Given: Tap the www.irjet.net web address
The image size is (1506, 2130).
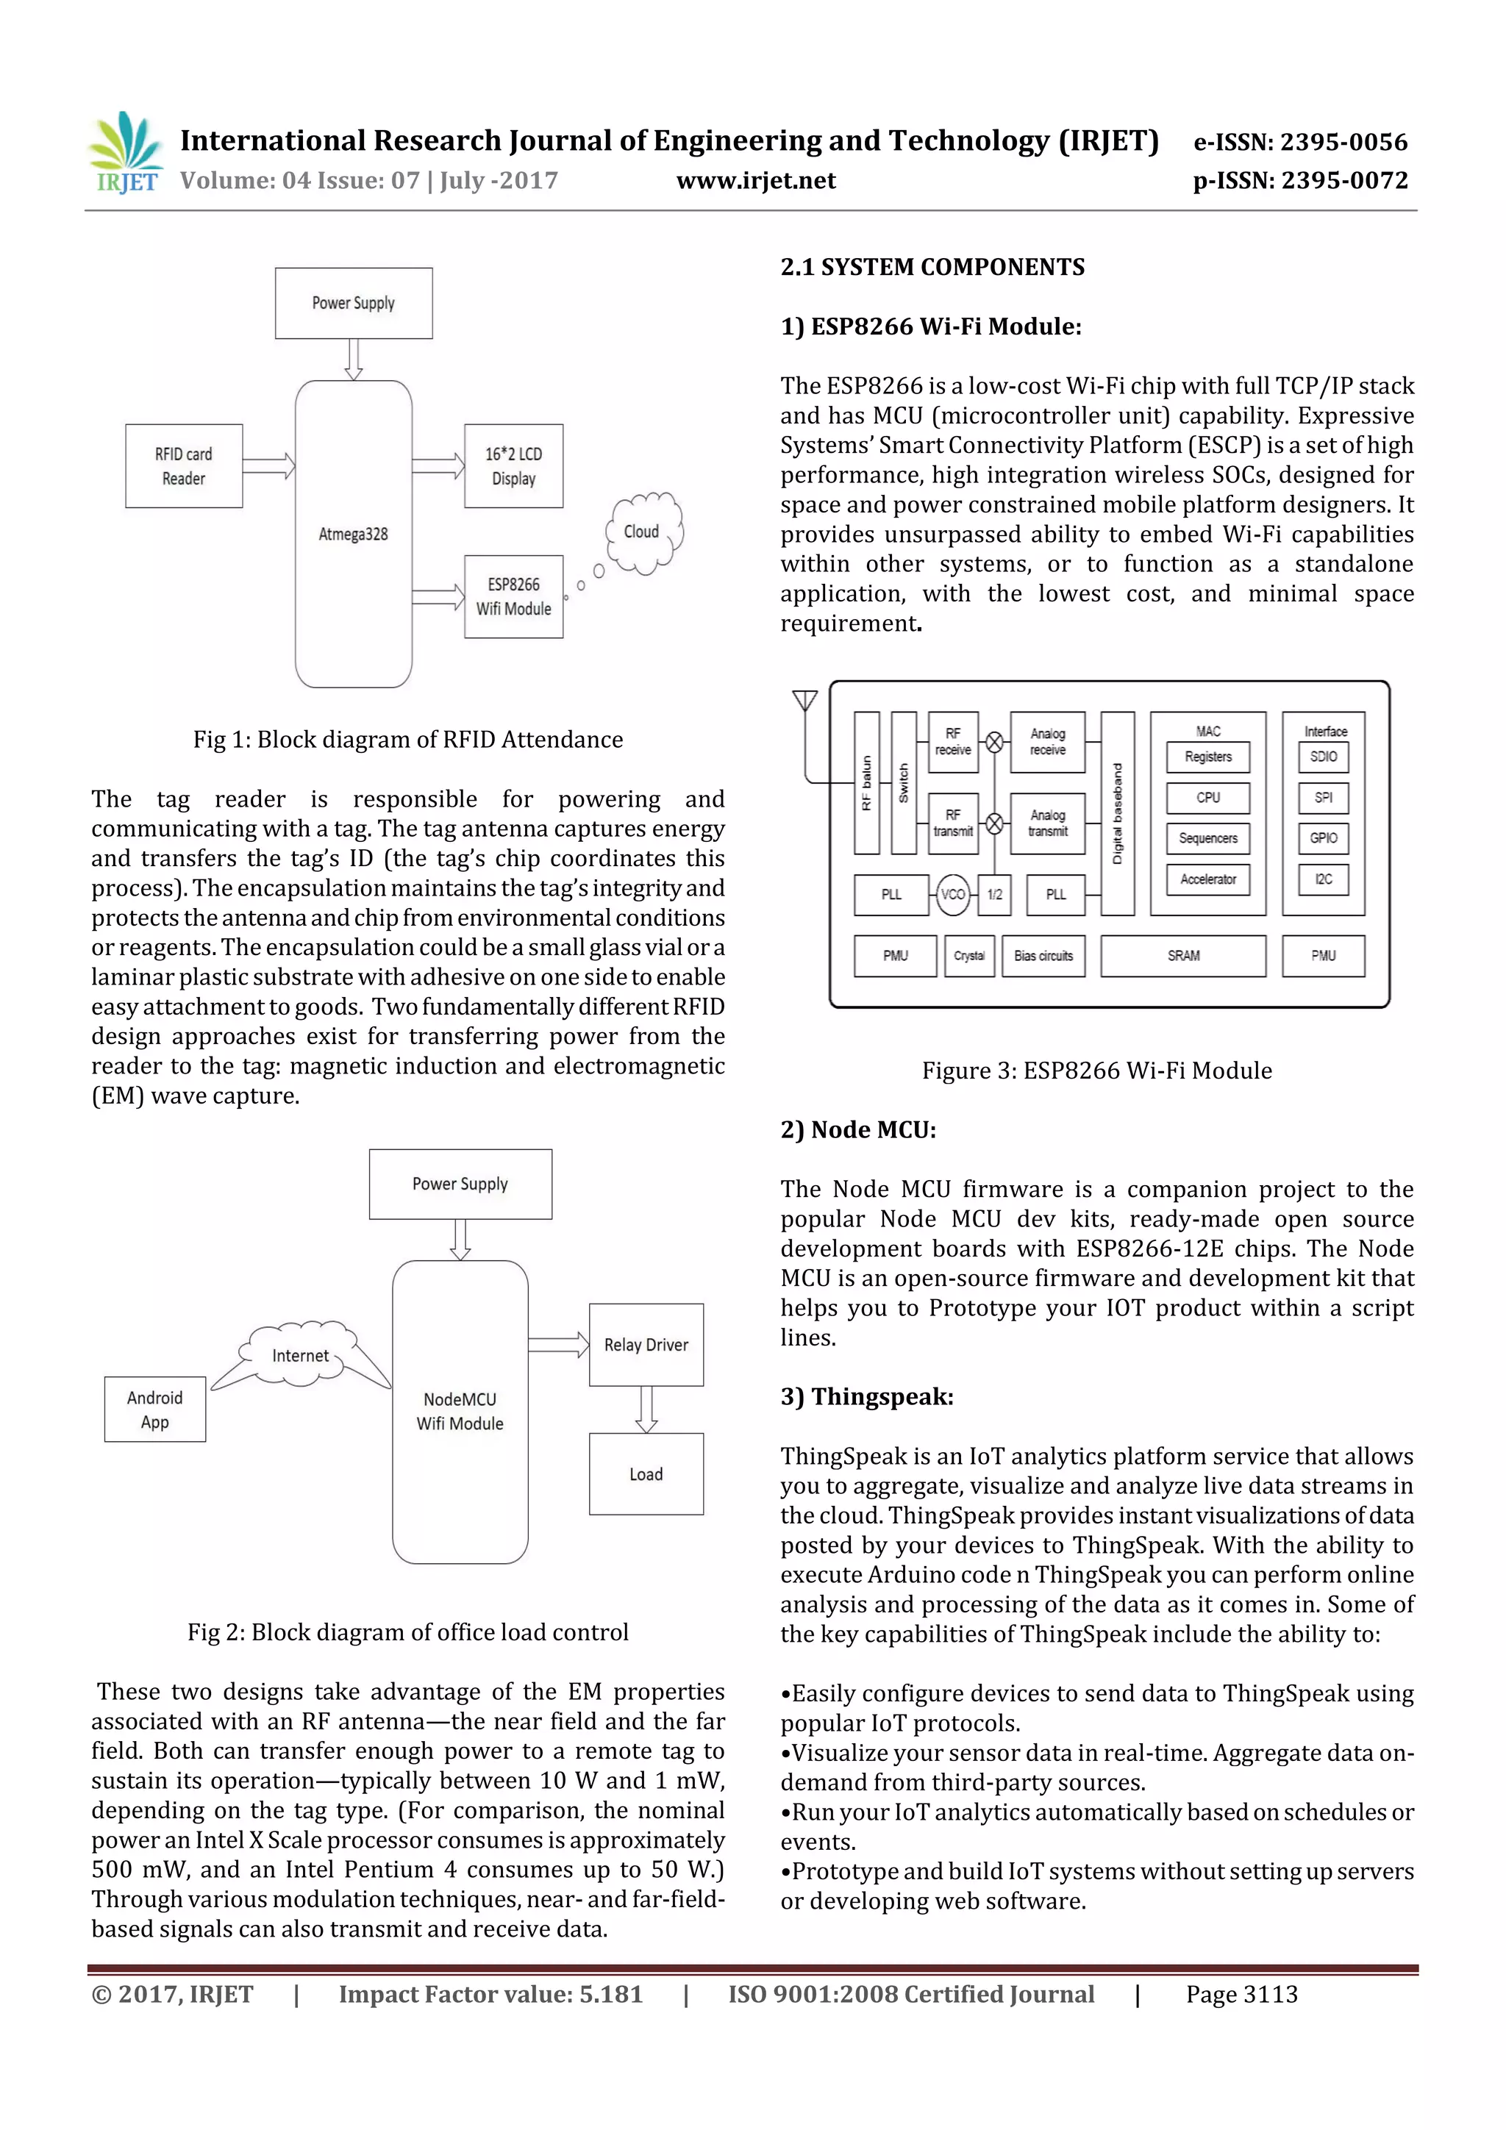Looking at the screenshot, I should pos(755,181).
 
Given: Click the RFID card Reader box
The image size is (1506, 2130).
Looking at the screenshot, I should pos(184,465).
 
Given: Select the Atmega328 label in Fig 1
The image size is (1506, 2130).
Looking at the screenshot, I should pos(353,535).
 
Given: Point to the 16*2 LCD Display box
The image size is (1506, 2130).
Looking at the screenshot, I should pos(513,465).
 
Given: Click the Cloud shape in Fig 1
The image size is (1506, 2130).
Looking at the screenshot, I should pos(643,532).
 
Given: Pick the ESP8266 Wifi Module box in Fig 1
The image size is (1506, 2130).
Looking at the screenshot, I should pos(513,596).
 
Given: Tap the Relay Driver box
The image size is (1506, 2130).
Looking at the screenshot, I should pos(646,1344).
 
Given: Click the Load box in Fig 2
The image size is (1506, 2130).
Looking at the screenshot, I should pos(646,1474).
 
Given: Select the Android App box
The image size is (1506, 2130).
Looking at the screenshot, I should pos(155,1409).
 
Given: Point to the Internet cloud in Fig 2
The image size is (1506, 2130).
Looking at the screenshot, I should pos(300,1355).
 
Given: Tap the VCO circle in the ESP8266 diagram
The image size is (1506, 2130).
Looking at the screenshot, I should pos(953,894).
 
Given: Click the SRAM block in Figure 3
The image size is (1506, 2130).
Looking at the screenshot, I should pos(1183,956).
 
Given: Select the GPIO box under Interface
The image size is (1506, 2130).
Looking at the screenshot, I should pos(1323,837).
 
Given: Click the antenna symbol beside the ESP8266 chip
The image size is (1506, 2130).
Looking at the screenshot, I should pos(804,701).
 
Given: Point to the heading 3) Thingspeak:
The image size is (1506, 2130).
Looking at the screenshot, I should pos(867,1396).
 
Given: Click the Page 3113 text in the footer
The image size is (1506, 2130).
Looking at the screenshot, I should pos(1241,1995).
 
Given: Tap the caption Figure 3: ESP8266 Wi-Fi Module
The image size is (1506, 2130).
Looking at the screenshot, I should pos(1096,1071).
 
